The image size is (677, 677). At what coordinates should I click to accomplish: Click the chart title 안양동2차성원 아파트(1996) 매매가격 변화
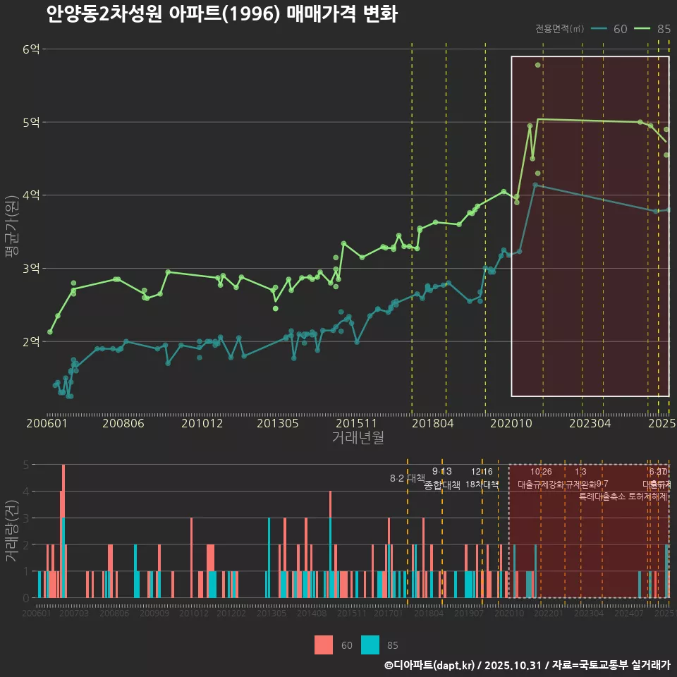(x=221, y=14)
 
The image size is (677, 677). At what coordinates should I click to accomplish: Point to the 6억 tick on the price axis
(x=31, y=49)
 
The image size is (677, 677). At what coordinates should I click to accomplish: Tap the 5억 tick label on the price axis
(x=31, y=122)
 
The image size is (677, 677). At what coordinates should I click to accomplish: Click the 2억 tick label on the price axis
(x=31, y=341)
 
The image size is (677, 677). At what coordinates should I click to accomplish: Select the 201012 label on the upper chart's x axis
(x=202, y=424)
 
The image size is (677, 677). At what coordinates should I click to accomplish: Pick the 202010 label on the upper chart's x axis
(x=510, y=424)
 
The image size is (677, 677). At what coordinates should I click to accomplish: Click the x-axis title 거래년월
(x=358, y=438)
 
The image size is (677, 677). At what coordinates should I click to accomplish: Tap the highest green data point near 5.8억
(x=537, y=65)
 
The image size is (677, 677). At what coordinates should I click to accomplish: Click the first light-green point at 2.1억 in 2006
(x=50, y=331)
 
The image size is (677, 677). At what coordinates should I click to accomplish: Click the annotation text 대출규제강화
(x=540, y=484)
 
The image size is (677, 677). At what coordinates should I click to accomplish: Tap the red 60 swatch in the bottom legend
(x=324, y=645)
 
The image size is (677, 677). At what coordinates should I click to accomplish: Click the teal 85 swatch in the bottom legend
(x=370, y=645)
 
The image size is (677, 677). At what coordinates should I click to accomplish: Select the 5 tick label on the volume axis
(x=26, y=465)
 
